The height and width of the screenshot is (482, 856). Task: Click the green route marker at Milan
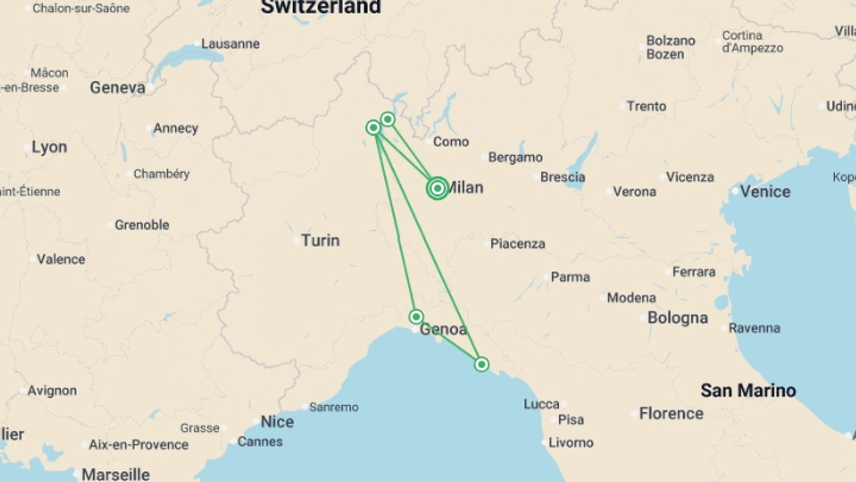pyautogui.click(x=437, y=188)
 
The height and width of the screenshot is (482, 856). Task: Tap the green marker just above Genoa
pyautogui.click(x=416, y=317)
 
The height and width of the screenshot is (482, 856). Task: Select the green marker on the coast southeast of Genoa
pyautogui.click(x=481, y=365)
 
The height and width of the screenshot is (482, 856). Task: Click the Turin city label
pyautogui.click(x=320, y=241)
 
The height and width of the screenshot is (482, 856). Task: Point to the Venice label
pyautogui.click(x=765, y=191)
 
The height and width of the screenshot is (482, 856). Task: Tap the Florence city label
pyautogui.click(x=671, y=413)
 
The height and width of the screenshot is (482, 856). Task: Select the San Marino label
pyautogui.click(x=748, y=391)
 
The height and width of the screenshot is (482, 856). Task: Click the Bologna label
pyautogui.click(x=677, y=318)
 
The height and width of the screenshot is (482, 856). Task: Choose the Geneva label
pyautogui.click(x=118, y=87)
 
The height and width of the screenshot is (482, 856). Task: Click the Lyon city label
pyautogui.click(x=49, y=147)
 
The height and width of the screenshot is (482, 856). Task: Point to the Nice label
pyautogui.click(x=277, y=422)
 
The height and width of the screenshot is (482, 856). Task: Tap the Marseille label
pyautogui.click(x=115, y=474)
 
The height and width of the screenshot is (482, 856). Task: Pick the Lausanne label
pyautogui.click(x=230, y=44)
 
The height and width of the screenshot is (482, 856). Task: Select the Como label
pyautogui.click(x=451, y=142)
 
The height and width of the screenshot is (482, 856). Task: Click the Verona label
pyautogui.click(x=634, y=192)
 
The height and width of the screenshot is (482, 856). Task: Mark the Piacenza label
pyautogui.click(x=517, y=244)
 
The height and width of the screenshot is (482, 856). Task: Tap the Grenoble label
pyautogui.click(x=142, y=225)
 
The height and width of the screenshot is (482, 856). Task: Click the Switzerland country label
pyautogui.click(x=321, y=7)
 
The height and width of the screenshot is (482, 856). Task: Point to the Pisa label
pyautogui.click(x=571, y=420)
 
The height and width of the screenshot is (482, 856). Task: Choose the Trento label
pyautogui.click(x=646, y=106)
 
